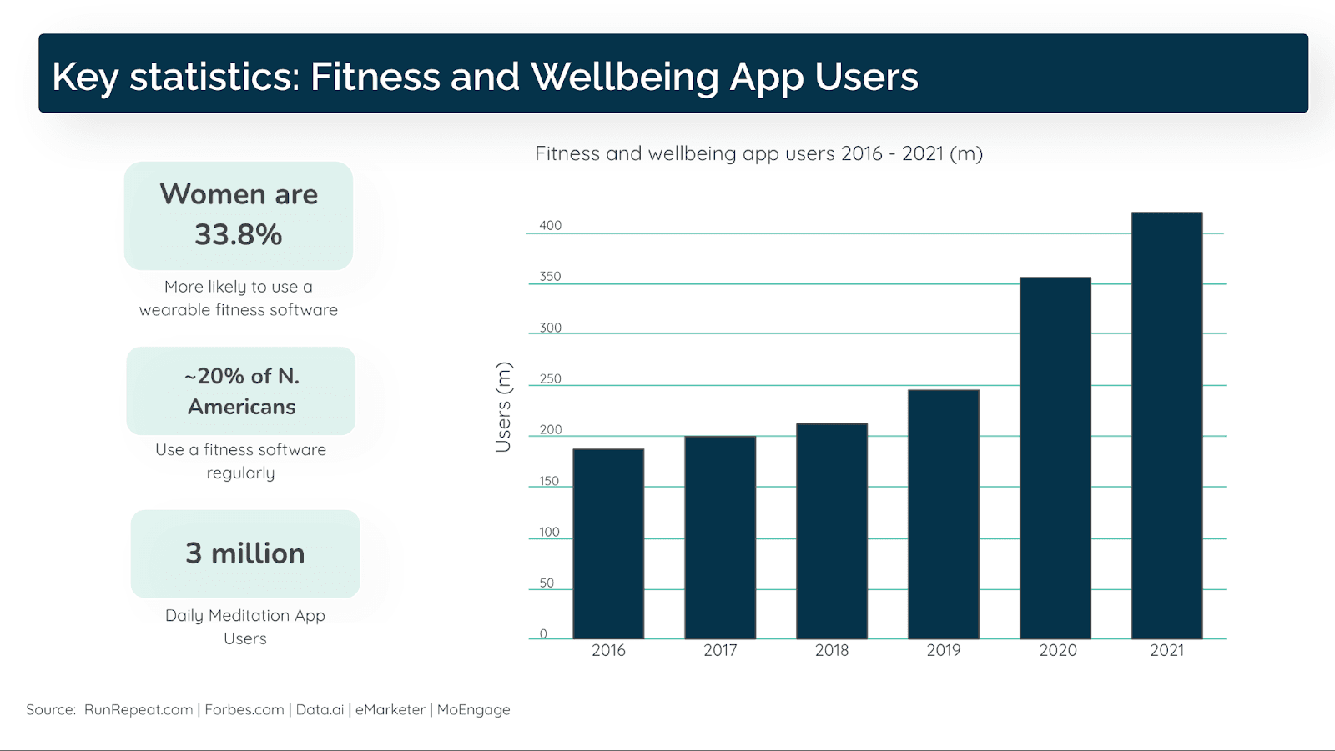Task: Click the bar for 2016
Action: point(608,543)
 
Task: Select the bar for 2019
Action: point(944,514)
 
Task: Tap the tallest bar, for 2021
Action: point(1166,425)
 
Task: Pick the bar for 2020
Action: point(1055,458)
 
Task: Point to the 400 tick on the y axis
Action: point(550,225)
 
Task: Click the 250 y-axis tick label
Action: point(550,378)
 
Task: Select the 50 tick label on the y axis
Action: point(547,583)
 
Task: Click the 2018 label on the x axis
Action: point(832,650)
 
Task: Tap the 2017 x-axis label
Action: point(720,650)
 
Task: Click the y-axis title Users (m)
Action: point(503,407)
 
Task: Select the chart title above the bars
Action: point(758,153)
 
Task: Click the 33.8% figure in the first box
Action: point(239,235)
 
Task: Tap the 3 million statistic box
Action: point(245,553)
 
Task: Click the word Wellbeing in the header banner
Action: point(624,77)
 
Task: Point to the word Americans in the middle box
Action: point(242,407)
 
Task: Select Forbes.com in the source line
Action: point(244,710)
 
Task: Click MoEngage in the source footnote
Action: point(473,710)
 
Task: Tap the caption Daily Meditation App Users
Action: point(245,627)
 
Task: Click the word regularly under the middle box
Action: point(240,473)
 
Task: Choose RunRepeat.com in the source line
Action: point(139,710)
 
